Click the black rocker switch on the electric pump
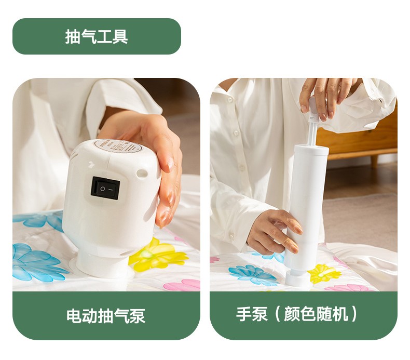pos(105,188)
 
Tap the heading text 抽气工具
pos(97,36)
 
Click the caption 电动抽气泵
pos(106,316)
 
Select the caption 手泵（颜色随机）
pos(297,314)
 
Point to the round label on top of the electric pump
pos(118,146)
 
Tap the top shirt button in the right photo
pos(230,100)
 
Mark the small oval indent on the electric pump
pos(142,173)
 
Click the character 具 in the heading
pos(120,36)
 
